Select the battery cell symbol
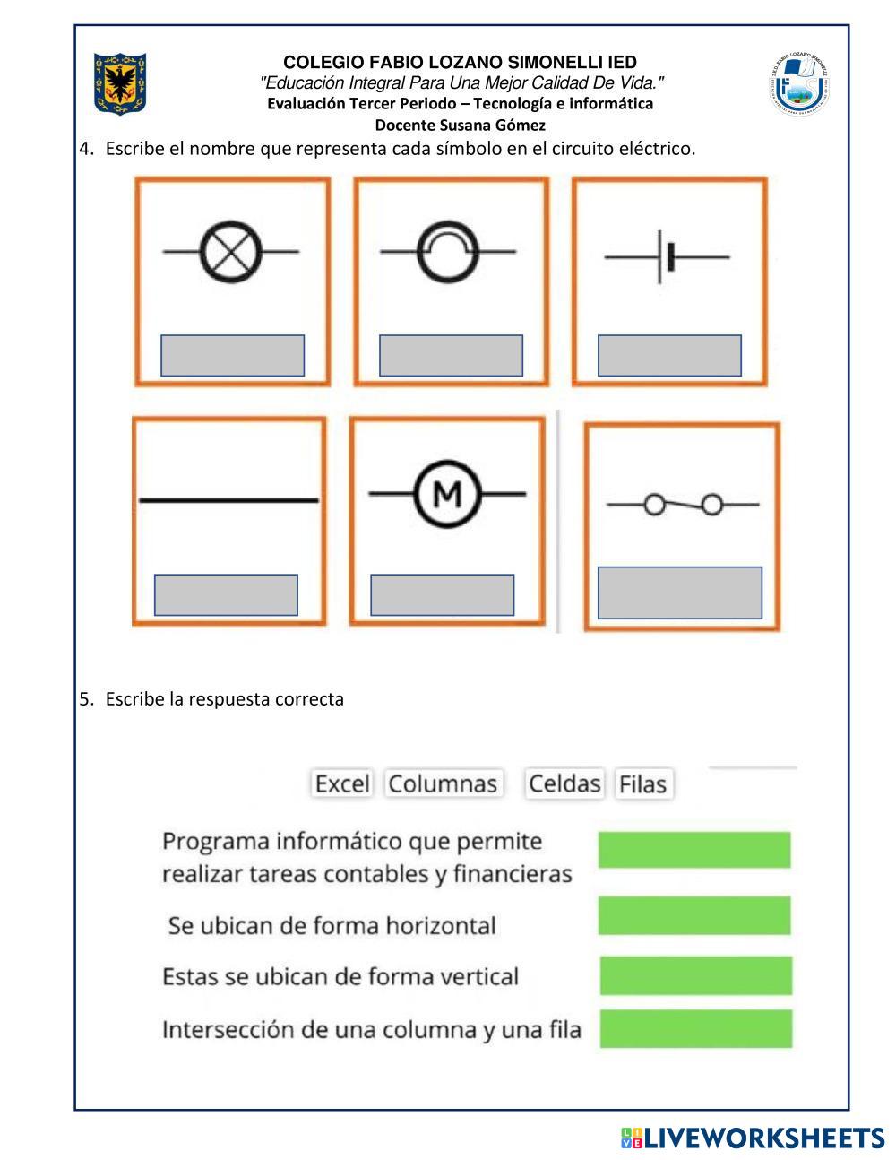tap(666, 257)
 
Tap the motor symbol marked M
tap(447, 493)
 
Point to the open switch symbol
tap(683, 506)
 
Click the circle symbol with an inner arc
tap(448, 252)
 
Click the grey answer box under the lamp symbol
tap(232, 356)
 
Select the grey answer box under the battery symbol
tap(669, 356)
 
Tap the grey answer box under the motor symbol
tap(442, 595)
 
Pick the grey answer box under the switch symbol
tap(679, 593)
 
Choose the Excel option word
tap(342, 783)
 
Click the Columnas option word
tap(443, 783)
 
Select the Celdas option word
tap(564, 783)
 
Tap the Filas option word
tap(643, 784)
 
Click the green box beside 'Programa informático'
tap(694, 850)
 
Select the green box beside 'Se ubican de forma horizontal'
tap(694, 915)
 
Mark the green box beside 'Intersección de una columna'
tap(695, 1028)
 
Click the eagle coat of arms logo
tap(119, 83)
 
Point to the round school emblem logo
tap(797, 85)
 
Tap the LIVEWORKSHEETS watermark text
tap(763, 1138)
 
